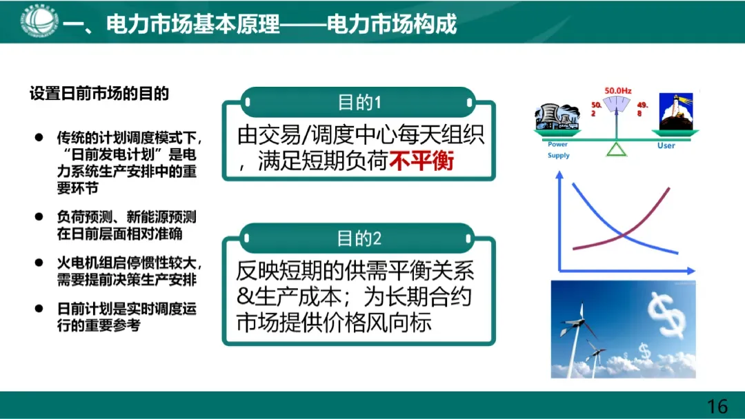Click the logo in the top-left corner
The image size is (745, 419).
(39, 21)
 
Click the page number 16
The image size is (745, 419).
(717, 406)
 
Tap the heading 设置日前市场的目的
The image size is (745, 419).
(99, 94)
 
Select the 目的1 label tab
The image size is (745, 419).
(359, 103)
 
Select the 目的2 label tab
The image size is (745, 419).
(359, 239)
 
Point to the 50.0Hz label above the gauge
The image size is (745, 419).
(617, 90)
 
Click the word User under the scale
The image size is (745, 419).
(666, 145)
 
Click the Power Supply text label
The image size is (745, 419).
(558, 150)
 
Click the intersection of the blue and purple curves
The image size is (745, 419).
(625, 235)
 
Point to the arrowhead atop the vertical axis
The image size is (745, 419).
(559, 176)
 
